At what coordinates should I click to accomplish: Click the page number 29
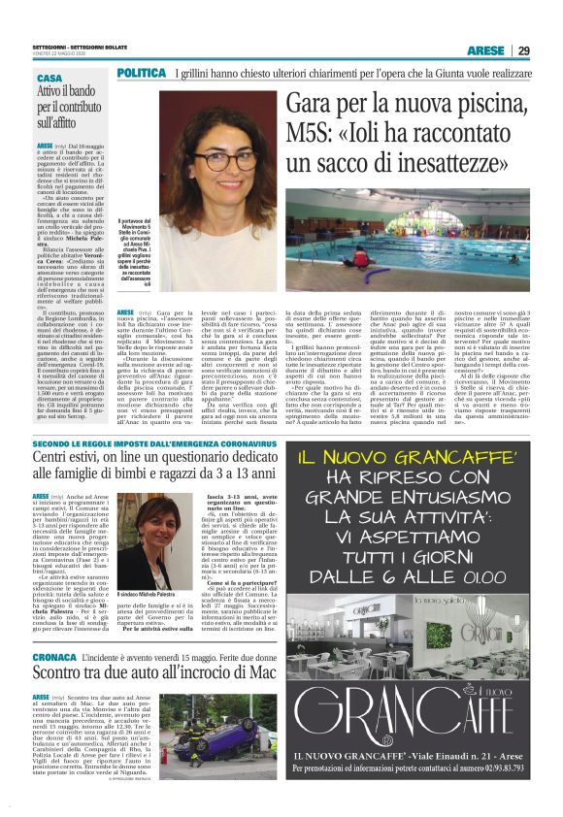[x=522, y=50]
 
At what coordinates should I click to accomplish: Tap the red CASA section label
[x=50, y=78]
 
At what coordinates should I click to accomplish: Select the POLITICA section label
[x=140, y=73]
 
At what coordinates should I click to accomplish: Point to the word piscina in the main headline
[x=493, y=106]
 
